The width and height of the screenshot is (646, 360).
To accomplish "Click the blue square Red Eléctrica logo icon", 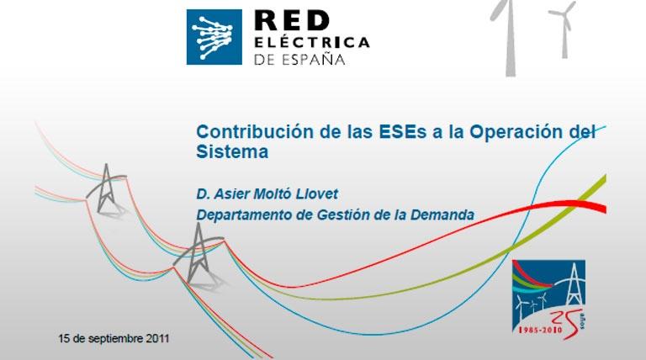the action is pos(214,37).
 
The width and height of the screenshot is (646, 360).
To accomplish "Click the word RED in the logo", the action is pos(292,20).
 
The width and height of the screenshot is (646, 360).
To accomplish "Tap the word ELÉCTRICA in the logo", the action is pos(311,42).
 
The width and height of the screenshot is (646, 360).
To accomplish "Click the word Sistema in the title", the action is pos(232,151).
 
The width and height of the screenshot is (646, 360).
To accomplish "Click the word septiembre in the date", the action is pos(116,339).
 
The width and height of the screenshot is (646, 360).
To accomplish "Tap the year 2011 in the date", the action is pos(157,339).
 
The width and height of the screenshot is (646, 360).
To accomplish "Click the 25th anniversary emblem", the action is pos(548,299).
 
